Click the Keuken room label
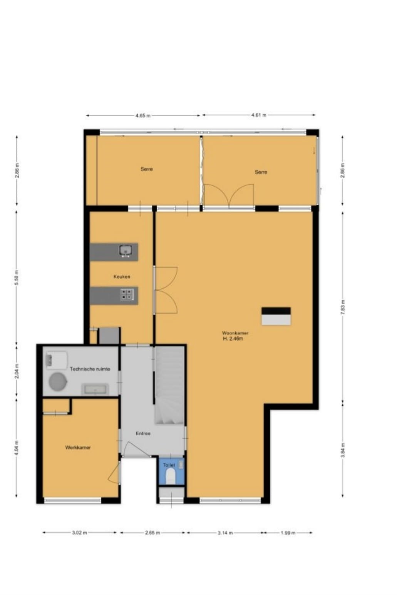[122, 276]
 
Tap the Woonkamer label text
[235, 333]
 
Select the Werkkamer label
[78, 448]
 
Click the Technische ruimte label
[90, 369]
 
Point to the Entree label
[143, 433]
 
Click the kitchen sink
[126, 251]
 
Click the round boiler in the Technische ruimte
[58, 381]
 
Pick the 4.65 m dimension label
[143, 115]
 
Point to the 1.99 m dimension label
[288, 533]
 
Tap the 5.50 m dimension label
[17, 277]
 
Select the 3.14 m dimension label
[225, 533]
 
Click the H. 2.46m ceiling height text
[233, 339]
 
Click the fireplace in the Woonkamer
[276, 316]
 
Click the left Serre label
[147, 169]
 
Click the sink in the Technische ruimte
[95, 389]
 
